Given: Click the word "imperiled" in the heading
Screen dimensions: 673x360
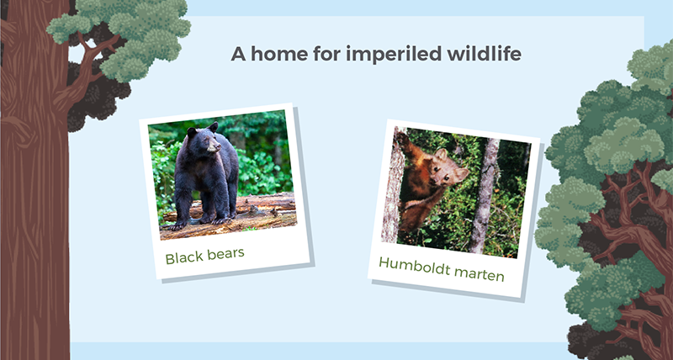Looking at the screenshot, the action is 394,55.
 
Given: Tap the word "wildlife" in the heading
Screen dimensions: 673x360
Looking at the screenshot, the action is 485,54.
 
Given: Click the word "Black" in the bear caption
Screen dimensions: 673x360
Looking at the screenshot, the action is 182,258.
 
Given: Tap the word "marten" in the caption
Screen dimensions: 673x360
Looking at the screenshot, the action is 479,273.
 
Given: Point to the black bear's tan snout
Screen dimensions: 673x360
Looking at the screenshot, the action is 215,147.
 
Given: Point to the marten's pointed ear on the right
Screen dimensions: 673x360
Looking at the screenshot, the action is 462,173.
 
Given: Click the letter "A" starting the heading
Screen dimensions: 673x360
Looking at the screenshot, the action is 239,55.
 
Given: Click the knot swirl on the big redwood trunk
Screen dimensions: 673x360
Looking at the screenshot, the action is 17,129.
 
